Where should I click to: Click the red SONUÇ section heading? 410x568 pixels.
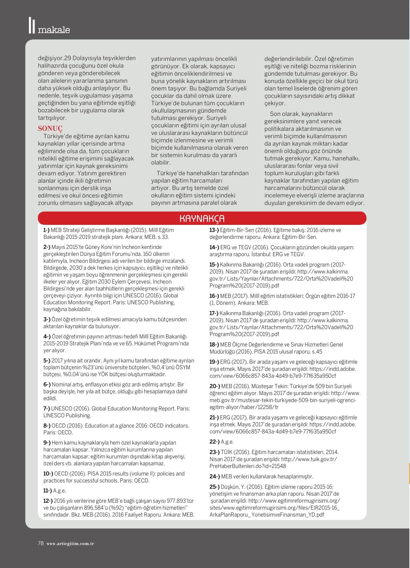[x=50, y=129]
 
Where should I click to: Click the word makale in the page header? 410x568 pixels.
[x=54, y=30]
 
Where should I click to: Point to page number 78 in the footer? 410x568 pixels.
[x=41, y=543]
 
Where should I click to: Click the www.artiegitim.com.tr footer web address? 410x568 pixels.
[x=70, y=543]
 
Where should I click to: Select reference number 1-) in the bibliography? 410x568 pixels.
[x=46, y=230]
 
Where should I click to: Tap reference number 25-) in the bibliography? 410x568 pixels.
[x=214, y=487]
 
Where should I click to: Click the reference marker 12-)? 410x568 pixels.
[x=48, y=501]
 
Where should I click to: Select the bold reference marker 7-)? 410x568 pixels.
[x=47, y=409]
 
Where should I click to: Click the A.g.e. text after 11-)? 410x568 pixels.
[x=59, y=491]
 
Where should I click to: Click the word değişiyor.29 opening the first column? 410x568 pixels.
[x=51, y=58]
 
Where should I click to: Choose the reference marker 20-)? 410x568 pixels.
[x=214, y=386]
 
